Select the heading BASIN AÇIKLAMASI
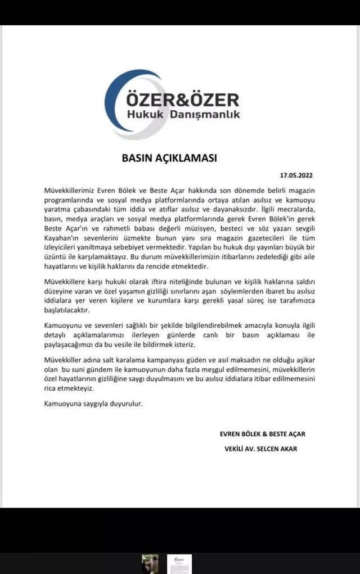(x=169, y=158)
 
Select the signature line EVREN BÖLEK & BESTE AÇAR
(x=263, y=434)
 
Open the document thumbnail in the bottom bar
(x=179, y=564)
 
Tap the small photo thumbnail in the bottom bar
(x=150, y=564)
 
